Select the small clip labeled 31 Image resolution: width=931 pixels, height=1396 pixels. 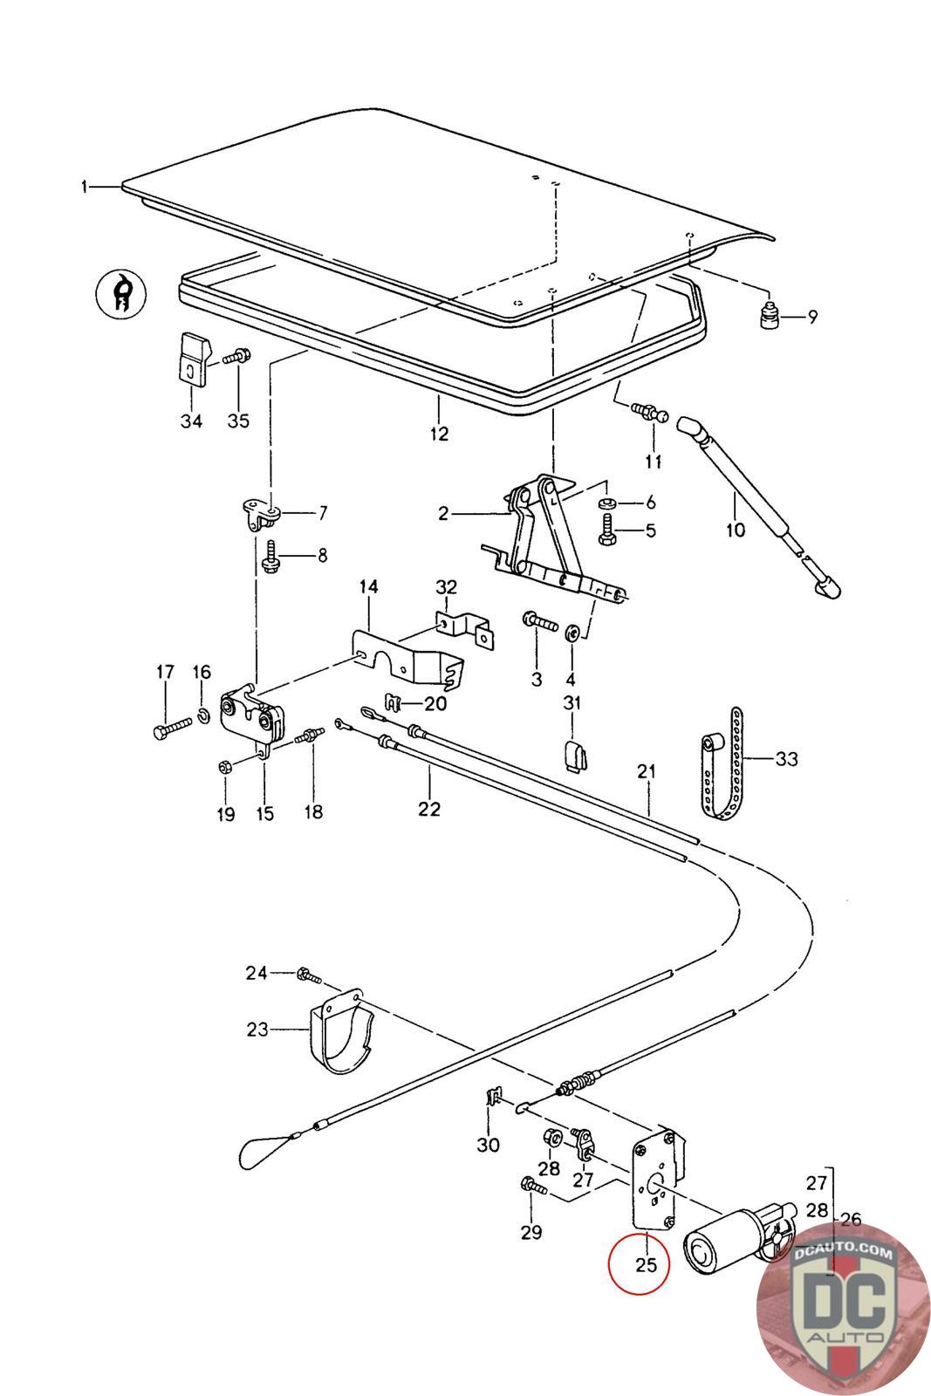(573, 756)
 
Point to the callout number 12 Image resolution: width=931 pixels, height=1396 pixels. (439, 434)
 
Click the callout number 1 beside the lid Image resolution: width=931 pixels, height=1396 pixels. (85, 186)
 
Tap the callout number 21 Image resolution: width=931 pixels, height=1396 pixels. (647, 772)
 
